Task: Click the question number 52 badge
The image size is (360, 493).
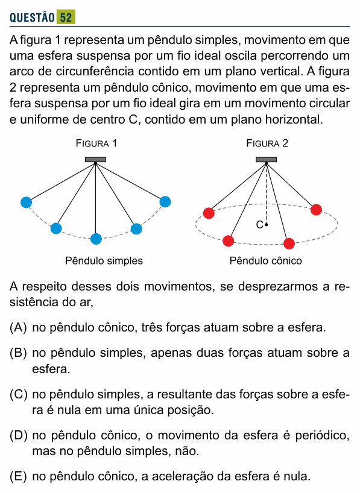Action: point(66,17)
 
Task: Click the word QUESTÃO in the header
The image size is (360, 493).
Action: point(32,17)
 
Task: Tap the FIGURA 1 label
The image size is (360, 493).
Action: point(96,143)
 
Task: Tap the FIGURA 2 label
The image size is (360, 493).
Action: point(267,143)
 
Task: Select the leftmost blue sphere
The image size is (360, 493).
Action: point(26,203)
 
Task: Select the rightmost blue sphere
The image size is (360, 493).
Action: point(165,202)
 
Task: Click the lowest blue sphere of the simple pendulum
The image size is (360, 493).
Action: point(96,239)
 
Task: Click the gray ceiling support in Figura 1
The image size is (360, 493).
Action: point(95,160)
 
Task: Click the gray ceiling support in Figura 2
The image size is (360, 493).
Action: point(266,160)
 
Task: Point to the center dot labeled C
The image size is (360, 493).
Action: point(267,224)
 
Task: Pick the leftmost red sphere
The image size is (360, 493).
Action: point(209,213)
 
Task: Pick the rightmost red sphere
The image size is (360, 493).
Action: point(316,210)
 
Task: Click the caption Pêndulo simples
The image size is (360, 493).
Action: point(104,260)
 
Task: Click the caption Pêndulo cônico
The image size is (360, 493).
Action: point(265,260)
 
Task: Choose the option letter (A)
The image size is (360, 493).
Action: point(18,328)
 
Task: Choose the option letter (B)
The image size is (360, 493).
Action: point(18,353)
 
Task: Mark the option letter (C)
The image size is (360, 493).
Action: point(18,394)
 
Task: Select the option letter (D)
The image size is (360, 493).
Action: point(18,436)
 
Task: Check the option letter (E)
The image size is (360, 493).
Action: point(18,477)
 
